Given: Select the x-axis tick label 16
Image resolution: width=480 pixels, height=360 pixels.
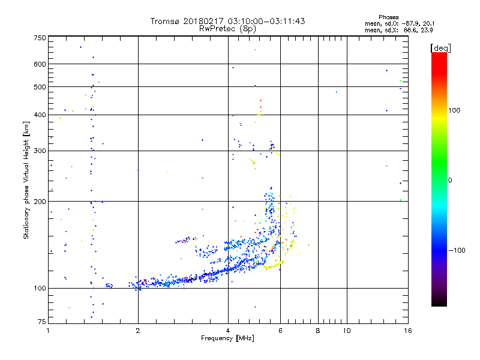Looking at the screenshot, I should (407, 331).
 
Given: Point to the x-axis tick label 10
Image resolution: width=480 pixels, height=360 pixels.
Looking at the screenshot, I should (346, 331).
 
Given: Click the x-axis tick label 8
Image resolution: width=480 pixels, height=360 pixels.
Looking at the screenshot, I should (318, 331).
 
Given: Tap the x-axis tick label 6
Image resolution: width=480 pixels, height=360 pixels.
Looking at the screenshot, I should (280, 331).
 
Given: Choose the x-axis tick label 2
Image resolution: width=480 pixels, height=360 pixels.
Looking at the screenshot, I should (138, 331).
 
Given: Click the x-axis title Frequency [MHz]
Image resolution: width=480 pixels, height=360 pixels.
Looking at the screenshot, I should (227, 338).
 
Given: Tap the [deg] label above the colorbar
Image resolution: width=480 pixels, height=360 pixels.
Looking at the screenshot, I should (441, 47).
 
